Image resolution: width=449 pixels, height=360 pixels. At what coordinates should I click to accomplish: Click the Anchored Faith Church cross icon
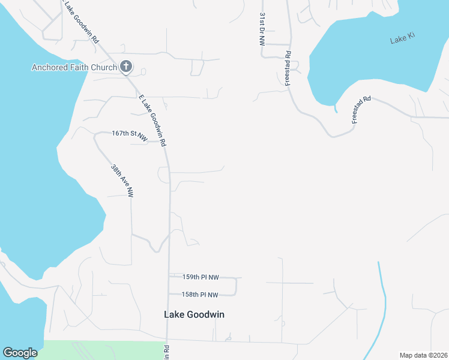coord(126,67)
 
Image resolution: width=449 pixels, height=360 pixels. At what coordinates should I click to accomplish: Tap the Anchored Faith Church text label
coord(74,67)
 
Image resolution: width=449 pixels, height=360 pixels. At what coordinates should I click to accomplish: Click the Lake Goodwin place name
coord(194,314)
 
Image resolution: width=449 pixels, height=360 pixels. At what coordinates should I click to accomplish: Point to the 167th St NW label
coord(129,134)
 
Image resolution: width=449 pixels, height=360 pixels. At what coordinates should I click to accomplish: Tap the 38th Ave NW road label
coord(122,181)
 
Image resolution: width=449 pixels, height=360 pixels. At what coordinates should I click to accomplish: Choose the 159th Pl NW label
coord(201,277)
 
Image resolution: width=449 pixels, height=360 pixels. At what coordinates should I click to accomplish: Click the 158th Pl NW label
coord(201,294)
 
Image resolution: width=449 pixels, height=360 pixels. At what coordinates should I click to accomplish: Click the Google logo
coord(20,353)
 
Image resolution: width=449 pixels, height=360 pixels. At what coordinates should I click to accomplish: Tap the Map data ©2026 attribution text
coord(423,355)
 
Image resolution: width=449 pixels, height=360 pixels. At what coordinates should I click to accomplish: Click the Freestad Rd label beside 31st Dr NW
coord(288,68)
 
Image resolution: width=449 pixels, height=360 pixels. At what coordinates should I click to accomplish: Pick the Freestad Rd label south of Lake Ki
coord(362,109)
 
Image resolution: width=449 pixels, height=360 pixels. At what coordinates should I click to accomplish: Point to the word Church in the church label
coord(103,67)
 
